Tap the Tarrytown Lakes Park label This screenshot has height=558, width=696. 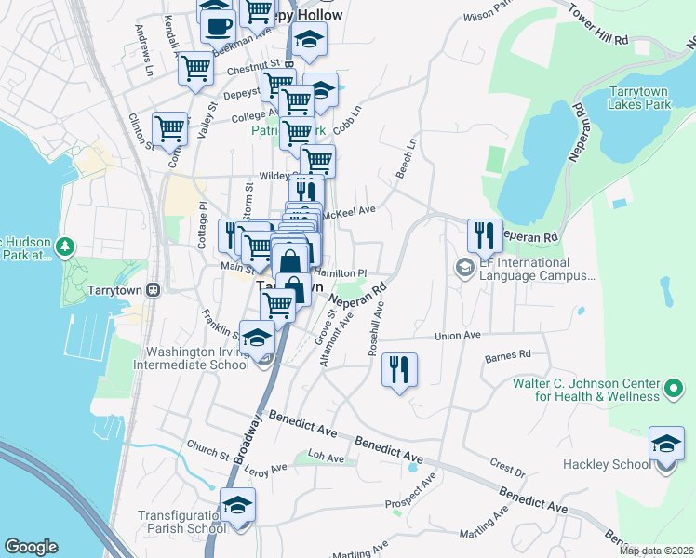(x=639, y=98)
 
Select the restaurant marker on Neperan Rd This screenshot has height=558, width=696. (x=484, y=236)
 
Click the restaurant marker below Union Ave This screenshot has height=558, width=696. (x=400, y=369)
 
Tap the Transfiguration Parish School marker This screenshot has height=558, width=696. (x=237, y=505)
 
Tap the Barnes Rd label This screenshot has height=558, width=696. (x=507, y=354)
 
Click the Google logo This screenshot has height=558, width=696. (x=31, y=547)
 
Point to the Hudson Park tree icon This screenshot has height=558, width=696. (x=64, y=247)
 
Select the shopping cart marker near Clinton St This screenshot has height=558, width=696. (x=169, y=130)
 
